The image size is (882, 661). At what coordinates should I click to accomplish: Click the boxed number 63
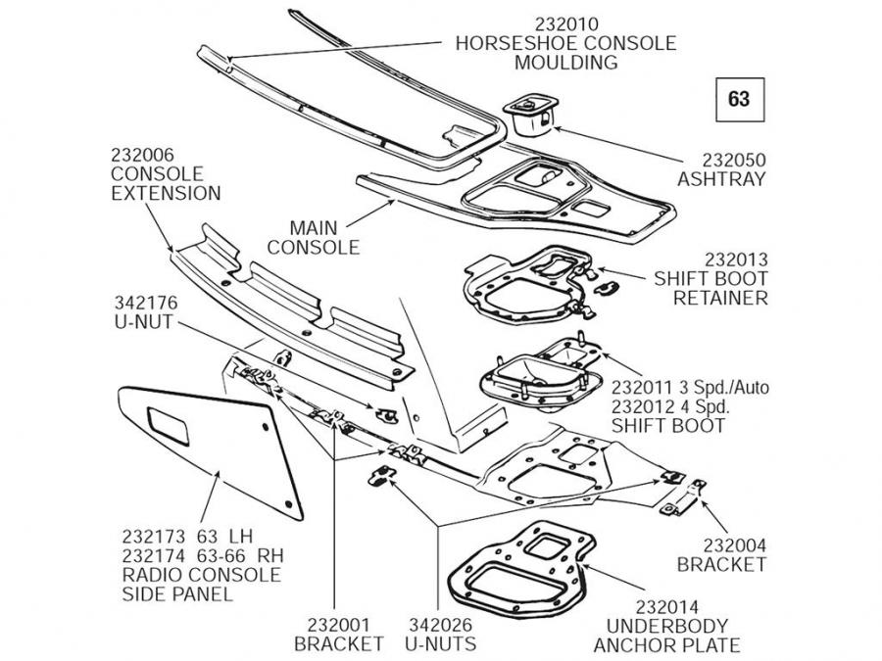tap(739, 99)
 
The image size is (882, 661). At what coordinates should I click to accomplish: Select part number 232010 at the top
tap(566, 24)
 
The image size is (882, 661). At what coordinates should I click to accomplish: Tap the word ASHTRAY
tap(721, 179)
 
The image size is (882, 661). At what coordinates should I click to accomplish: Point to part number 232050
tap(721, 160)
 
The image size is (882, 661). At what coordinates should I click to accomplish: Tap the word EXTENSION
tap(165, 193)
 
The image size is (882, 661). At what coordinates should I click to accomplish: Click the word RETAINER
tap(720, 298)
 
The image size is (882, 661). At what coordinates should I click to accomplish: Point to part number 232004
tap(721, 545)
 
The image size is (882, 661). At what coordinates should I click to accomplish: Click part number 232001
tap(339, 624)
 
